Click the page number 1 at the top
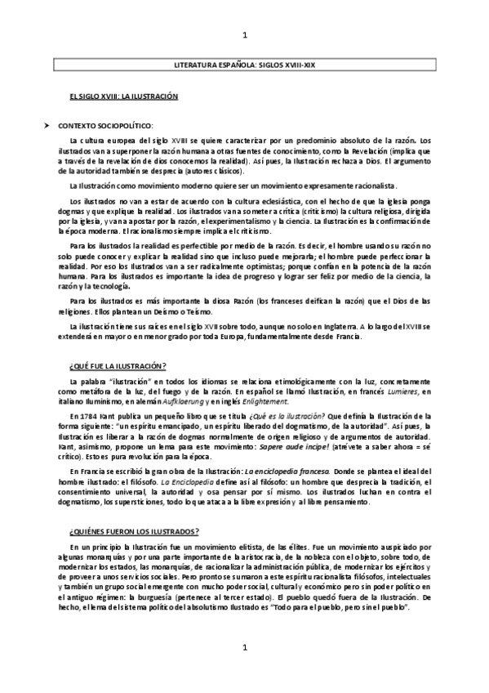[x=246, y=34]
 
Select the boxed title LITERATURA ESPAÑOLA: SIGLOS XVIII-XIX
[x=245, y=63]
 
